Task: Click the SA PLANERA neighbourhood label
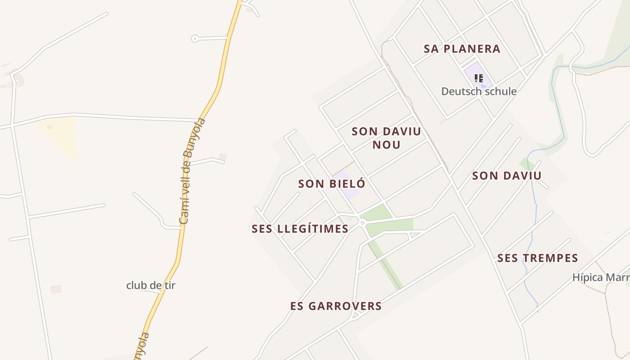[462, 49]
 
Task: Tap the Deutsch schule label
[479, 91]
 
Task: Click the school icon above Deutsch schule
[478, 78]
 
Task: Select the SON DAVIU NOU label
[386, 138]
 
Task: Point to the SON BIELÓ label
[332, 184]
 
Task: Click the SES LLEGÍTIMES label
[300, 229]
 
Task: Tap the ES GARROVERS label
[336, 306]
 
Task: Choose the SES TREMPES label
[537, 258]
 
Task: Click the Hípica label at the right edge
[601, 277]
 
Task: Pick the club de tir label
[151, 285]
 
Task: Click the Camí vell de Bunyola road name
[192, 171]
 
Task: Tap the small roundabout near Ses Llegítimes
[362, 223]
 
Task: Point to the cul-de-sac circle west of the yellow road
[195, 39]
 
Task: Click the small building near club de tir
[56, 289]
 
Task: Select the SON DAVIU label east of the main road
[507, 175]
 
